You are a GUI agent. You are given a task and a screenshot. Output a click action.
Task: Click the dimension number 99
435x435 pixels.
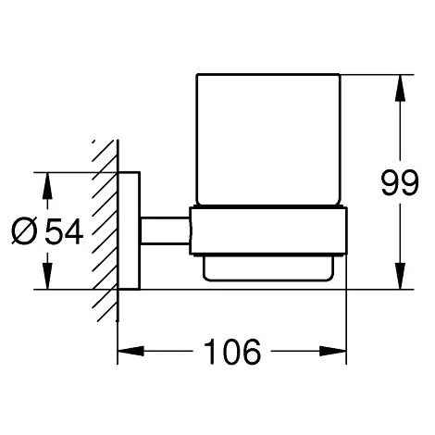tap(400, 182)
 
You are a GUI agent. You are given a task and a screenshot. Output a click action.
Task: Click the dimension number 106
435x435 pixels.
tap(232, 352)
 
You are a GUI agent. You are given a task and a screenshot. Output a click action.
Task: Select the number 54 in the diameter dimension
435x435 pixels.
tap(64, 231)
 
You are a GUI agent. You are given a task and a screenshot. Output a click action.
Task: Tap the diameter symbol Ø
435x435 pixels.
tap(24, 231)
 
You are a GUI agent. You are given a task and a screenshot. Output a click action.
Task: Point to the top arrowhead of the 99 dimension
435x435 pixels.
tap(400, 88)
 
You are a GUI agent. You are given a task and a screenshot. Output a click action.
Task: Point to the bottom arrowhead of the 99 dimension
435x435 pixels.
tap(400, 276)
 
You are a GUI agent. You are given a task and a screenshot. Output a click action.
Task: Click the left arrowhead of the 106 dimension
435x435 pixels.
tap(130, 351)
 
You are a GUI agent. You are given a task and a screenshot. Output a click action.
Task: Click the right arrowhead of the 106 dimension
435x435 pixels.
tap(333, 351)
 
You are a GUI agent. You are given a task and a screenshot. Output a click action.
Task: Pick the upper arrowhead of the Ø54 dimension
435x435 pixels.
tap(47, 186)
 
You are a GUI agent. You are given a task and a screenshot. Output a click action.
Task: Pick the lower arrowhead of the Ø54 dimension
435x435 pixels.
tap(47, 276)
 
